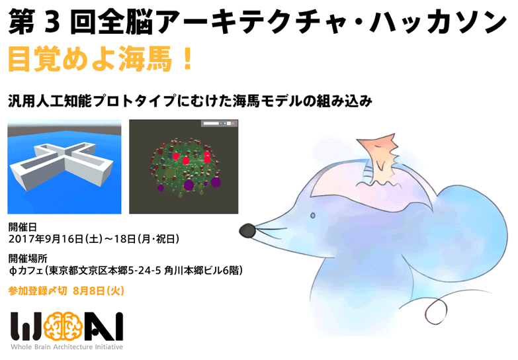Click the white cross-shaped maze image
pos(64,166)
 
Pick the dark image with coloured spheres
pos(183,166)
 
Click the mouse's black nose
pos(247,230)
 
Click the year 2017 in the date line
pos(22,238)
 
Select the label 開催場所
pos(28,257)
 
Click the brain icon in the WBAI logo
pos(62,326)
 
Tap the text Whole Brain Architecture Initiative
pos(66,347)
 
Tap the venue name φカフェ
pos(26,270)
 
